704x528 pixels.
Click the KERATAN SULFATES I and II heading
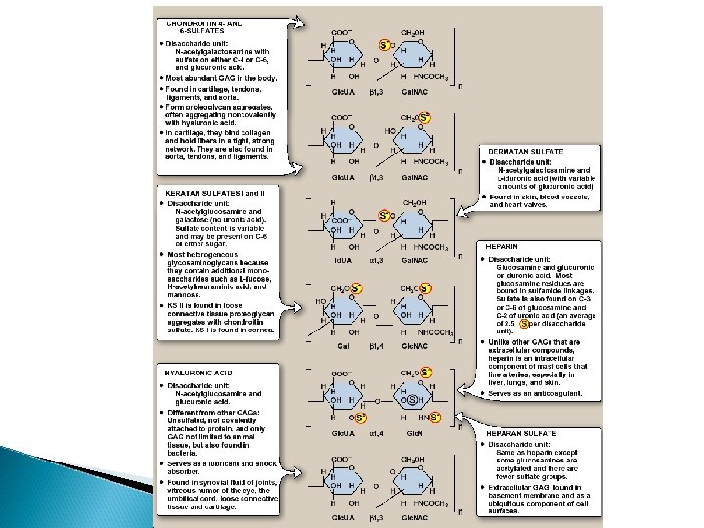[x=208, y=194]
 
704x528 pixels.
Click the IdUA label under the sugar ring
[x=342, y=261]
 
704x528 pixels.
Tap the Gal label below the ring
[x=342, y=345]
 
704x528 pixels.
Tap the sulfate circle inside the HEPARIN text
[x=526, y=324]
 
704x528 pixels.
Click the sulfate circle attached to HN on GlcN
[x=435, y=418]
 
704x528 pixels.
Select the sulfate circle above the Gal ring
[x=357, y=287]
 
